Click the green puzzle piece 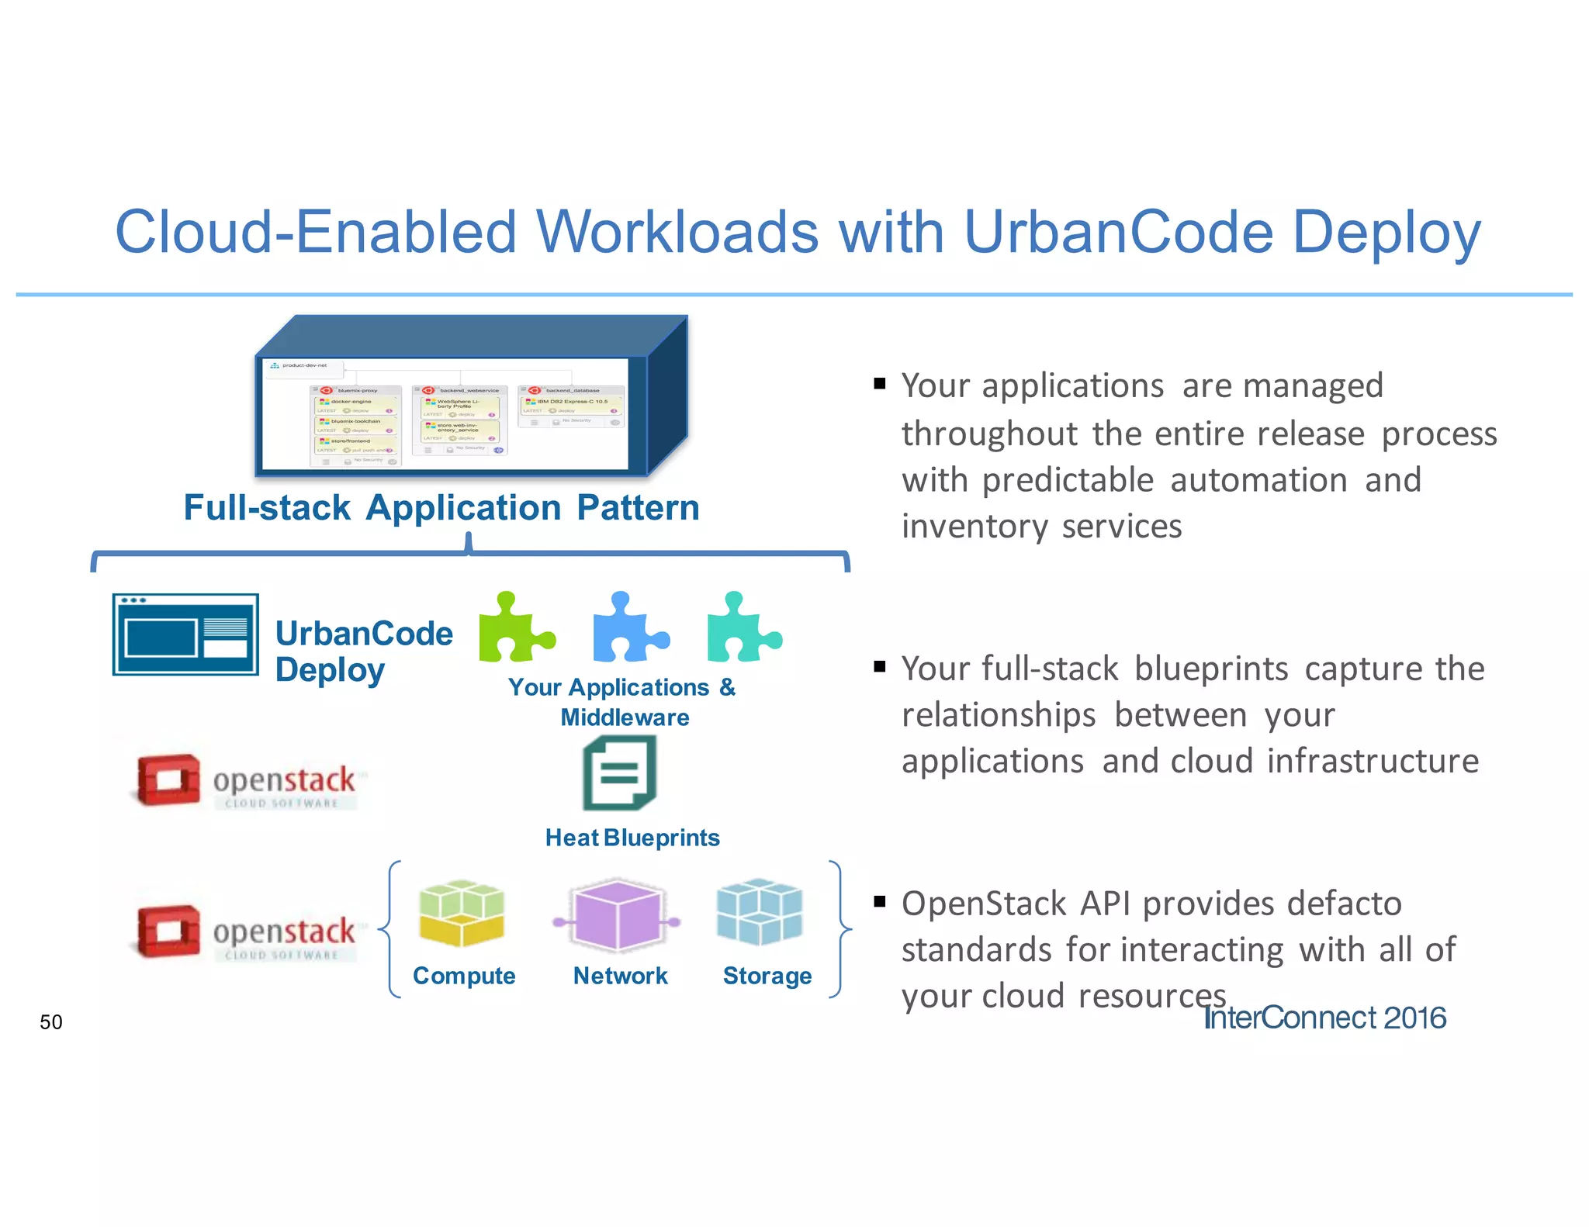coord(514,629)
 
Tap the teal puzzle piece coord(740,629)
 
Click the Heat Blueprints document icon coord(619,773)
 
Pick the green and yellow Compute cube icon coord(462,913)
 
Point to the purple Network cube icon coord(618,915)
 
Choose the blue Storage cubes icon coord(759,911)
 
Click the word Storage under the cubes coord(767,976)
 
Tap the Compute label coord(464,976)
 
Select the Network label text coord(620,976)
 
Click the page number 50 coord(51,1022)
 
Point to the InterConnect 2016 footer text coord(1324,1018)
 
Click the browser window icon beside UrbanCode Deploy coord(185,634)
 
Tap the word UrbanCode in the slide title coord(1117,232)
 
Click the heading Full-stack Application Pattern coord(441,508)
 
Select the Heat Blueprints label coord(632,838)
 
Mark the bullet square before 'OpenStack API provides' coord(879,901)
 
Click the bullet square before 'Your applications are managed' coord(879,383)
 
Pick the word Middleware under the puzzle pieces coord(625,717)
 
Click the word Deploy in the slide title coord(1386,232)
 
